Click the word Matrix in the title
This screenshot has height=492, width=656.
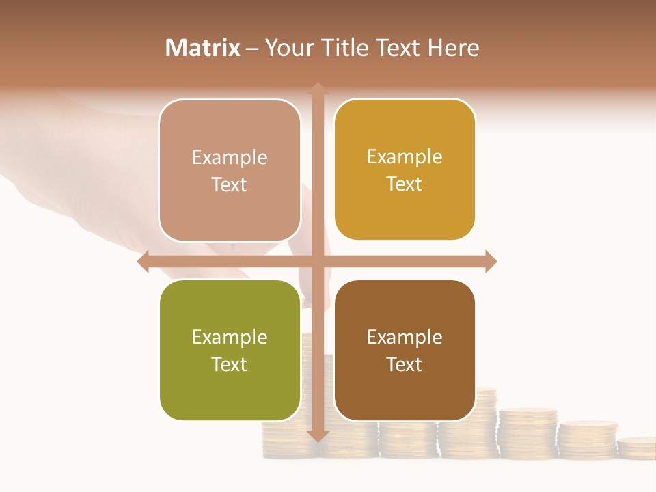pyautogui.click(x=203, y=48)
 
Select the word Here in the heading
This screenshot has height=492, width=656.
pyautogui.click(x=453, y=48)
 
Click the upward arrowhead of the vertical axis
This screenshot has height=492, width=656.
pyautogui.click(x=318, y=87)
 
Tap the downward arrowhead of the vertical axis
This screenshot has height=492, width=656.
pyautogui.click(x=318, y=436)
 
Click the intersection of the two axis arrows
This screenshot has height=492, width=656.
pyautogui.click(x=318, y=261)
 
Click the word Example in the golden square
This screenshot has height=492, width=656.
pyautogui.click(x=405, y=157)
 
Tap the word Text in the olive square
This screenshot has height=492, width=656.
pyautogui.click(x=230, y=365)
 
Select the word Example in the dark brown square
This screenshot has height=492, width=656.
pyautogui.click(x=405, y=338)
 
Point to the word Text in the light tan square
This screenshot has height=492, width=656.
pyautogui.click(x=230, y=185)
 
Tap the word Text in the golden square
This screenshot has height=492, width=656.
pyautogui.click(x=405, y=184)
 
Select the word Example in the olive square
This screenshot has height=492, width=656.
pyautogui.click(x=230, y=338)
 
